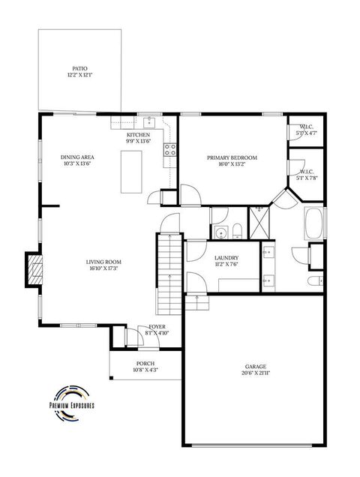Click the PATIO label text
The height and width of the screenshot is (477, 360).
(x=79, y=67)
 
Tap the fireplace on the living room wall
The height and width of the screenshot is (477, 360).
(x=33, y=268)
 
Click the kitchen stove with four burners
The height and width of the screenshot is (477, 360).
(x=170, y=150)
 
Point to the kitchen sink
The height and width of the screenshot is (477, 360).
(x=148, y=121)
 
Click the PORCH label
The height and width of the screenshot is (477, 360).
(x=145, y=363)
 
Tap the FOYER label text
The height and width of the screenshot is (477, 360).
(x=157, y=326)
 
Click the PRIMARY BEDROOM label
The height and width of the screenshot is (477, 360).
(x=232, y=157)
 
